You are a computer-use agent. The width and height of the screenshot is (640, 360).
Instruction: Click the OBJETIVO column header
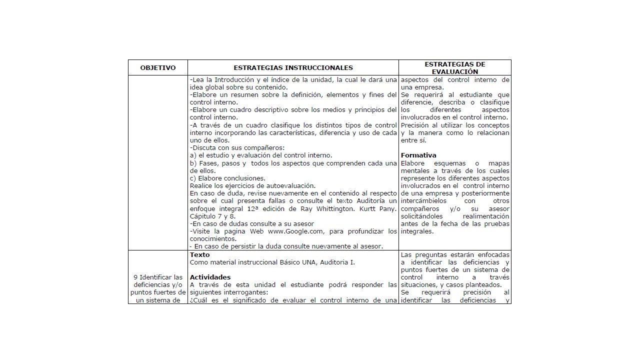(158, 68)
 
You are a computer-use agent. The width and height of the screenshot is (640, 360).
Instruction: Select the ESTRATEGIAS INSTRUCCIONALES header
(293, 68)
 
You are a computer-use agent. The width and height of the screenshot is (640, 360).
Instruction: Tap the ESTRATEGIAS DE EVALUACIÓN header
(455, 68)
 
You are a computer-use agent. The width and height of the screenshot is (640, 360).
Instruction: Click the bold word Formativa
(418, 155)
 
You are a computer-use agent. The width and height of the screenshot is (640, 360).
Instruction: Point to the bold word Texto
(200, 255)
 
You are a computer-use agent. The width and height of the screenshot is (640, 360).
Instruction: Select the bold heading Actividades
(210, 277)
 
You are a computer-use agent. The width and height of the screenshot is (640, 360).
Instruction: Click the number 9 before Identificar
(135, 277)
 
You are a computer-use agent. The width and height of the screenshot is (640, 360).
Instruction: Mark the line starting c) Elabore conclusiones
(227, 178)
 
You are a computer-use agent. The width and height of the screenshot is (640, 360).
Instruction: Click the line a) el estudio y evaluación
(261, 155)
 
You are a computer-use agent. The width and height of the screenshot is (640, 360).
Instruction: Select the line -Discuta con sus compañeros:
(237, 148)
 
